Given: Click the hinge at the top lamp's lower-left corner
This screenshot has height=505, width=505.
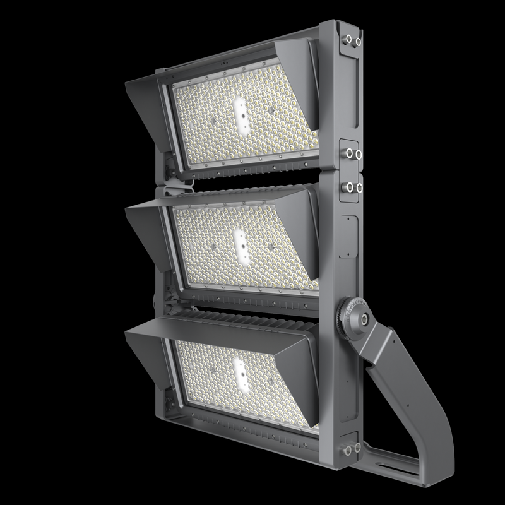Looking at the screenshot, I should point(169,169).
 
